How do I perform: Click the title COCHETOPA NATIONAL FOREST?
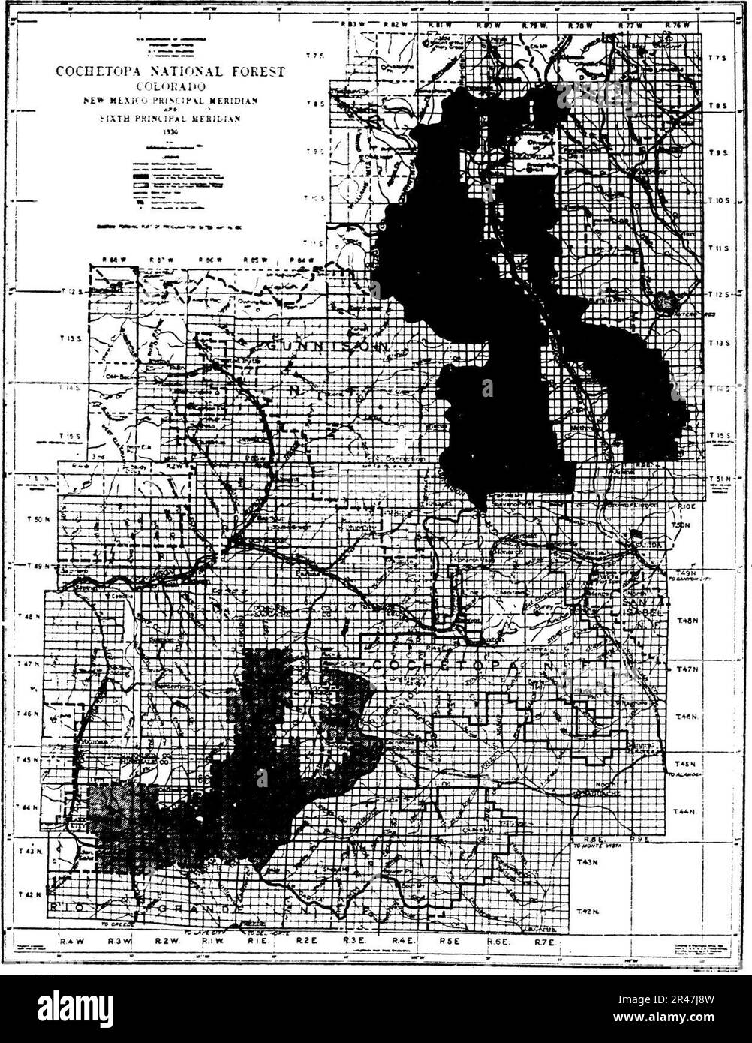(x=170, y=72)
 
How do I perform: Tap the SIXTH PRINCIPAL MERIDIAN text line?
(x=170, y=119)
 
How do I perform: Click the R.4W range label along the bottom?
(x=71, y=940)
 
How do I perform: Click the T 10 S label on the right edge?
(x=720, y=201)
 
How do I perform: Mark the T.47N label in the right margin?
(x=688, y=669)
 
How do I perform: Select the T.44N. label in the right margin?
(x=685, y=812)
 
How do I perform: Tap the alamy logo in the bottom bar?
(x=76, y=1008)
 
